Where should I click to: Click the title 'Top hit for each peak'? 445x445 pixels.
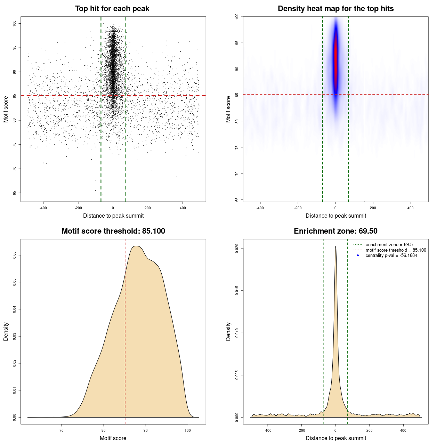[x=112, y=9]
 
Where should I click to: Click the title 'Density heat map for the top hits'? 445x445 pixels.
[x=335, y=9]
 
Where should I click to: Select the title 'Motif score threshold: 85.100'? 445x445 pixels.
[x=113, y=231]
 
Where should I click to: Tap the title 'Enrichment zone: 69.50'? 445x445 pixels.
[x=335, y=231]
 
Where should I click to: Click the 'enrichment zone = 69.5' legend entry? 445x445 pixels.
[x=389, y=245]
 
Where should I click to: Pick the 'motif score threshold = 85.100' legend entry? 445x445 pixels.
[x=396, y=250]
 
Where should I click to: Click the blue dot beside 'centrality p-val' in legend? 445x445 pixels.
[x=358, y=256]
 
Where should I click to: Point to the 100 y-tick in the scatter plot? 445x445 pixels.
[x=14, y=23]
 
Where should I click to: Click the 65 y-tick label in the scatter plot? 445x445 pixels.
[x=14, y=193]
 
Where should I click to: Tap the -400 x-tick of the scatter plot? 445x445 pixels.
[x=43, y=208]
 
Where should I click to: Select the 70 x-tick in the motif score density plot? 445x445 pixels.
[x=62, y=430]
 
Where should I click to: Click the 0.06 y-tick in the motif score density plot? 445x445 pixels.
[x=14, y=255]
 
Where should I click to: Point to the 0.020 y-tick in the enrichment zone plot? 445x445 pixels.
[x=237, y=248]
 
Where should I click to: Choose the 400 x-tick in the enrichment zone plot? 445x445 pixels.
[x=403, y=430]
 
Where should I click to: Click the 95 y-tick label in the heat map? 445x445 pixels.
[x=237, y=43]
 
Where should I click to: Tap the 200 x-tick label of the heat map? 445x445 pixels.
[x=373, y=208]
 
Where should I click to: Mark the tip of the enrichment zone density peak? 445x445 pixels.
[x=335, y=246]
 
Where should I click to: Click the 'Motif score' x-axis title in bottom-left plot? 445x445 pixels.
[x=113, y=438]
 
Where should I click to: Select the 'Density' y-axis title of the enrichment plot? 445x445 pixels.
[x=228, y=331]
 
